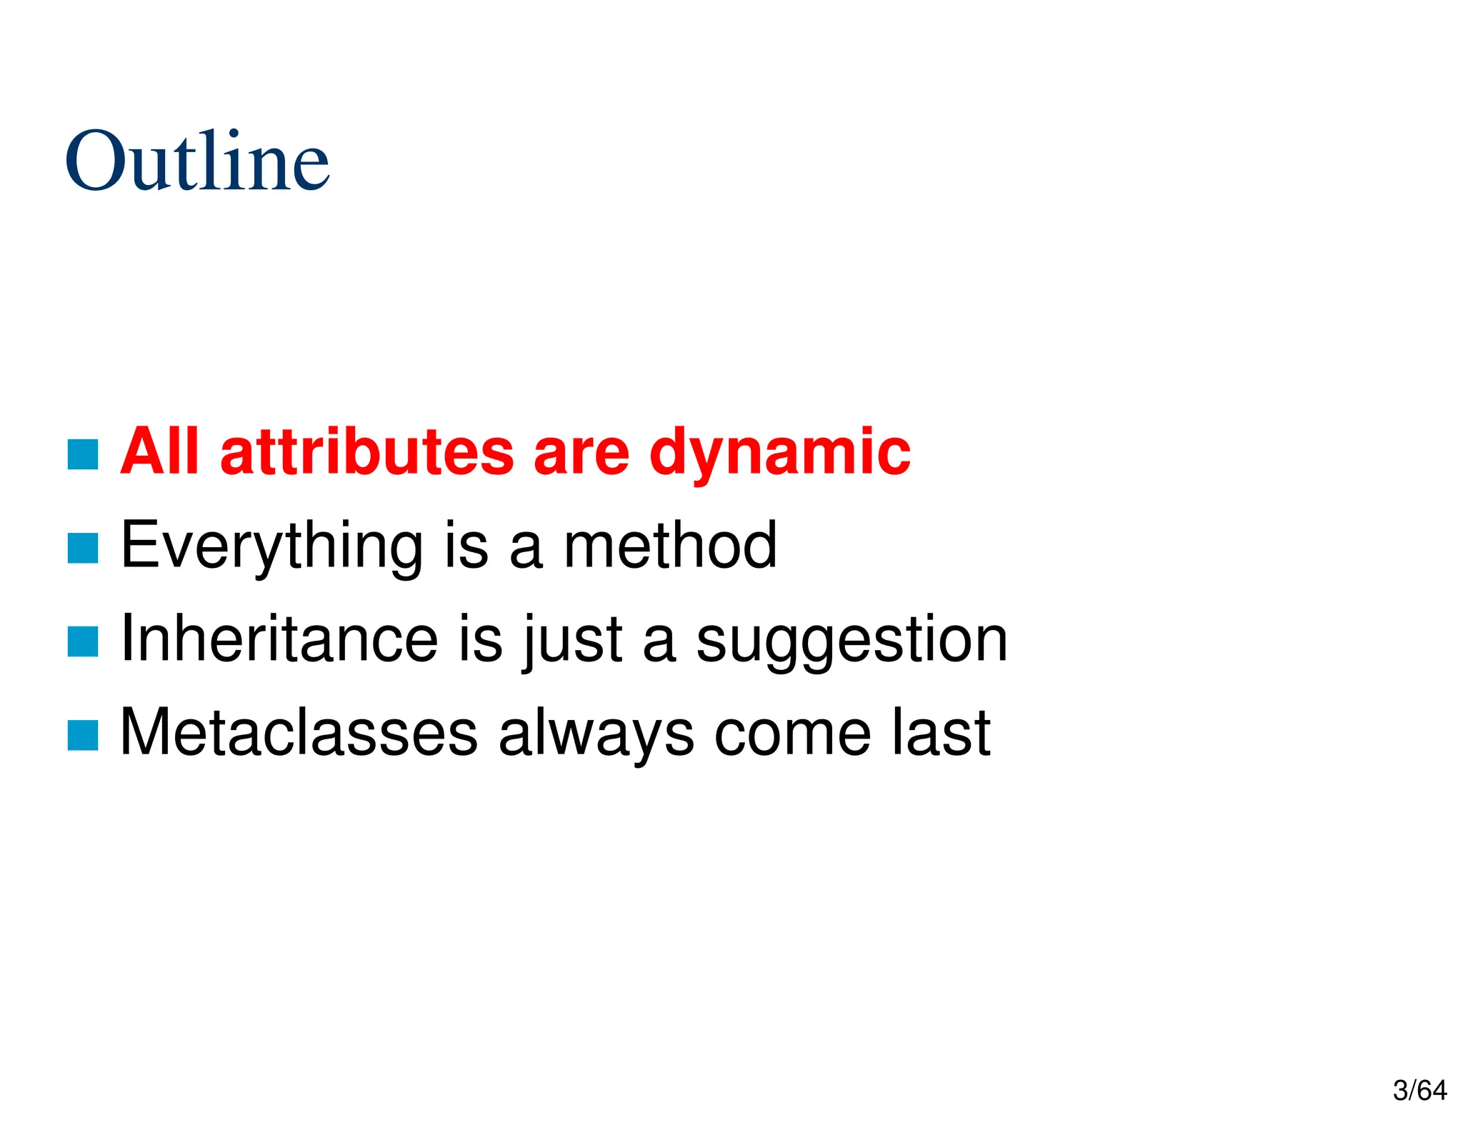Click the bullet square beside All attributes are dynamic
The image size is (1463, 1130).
point(83,454)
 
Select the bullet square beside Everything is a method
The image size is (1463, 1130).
point(83,548)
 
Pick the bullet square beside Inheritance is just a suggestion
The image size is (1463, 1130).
point(83,641)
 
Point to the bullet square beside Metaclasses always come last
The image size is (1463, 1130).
point(83,735)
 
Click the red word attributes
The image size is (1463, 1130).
point(367,452)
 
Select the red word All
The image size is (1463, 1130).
point(159,451)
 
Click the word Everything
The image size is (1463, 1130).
point(271,546)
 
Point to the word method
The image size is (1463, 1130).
point(670,546)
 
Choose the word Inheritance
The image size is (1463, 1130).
point(279,639)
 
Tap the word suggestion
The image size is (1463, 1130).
point(852,641)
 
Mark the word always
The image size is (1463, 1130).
point(596,734)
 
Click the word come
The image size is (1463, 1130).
point(792,734)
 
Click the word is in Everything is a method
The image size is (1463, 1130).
point(466,546)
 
